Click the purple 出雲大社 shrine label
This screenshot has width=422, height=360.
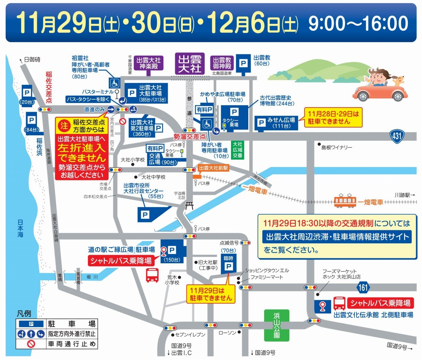click(x=190, y=64)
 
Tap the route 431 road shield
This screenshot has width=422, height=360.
click(x=397, y=136)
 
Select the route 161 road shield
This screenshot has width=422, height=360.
click(x=363, y=288)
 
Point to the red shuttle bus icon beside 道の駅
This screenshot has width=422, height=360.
click(x=152, y=275)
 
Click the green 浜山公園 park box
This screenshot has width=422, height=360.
click(x=277, y=325)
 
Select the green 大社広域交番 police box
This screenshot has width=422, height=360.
click(x=237, y=150)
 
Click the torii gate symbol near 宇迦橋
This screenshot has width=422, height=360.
click(x=190, y=205)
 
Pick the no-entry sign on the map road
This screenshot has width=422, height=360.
click(x=122, y=122)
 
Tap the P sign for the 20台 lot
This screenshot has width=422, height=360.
click(x=27, y=92)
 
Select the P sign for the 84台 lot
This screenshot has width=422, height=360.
click(x=31, y=120)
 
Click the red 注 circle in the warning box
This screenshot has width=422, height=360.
click(x=64, y=125)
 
